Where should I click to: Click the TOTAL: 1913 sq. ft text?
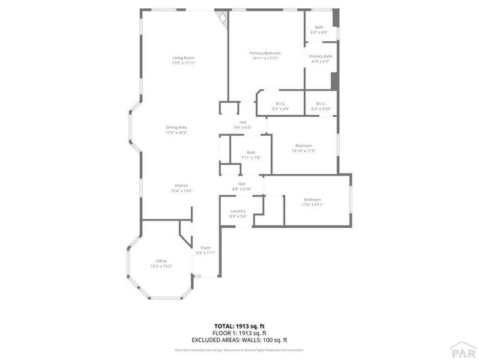(x=239, y=325)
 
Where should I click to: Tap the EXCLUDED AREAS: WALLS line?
(x=239, y=340)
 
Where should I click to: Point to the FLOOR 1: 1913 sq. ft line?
(x=239, y=332)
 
